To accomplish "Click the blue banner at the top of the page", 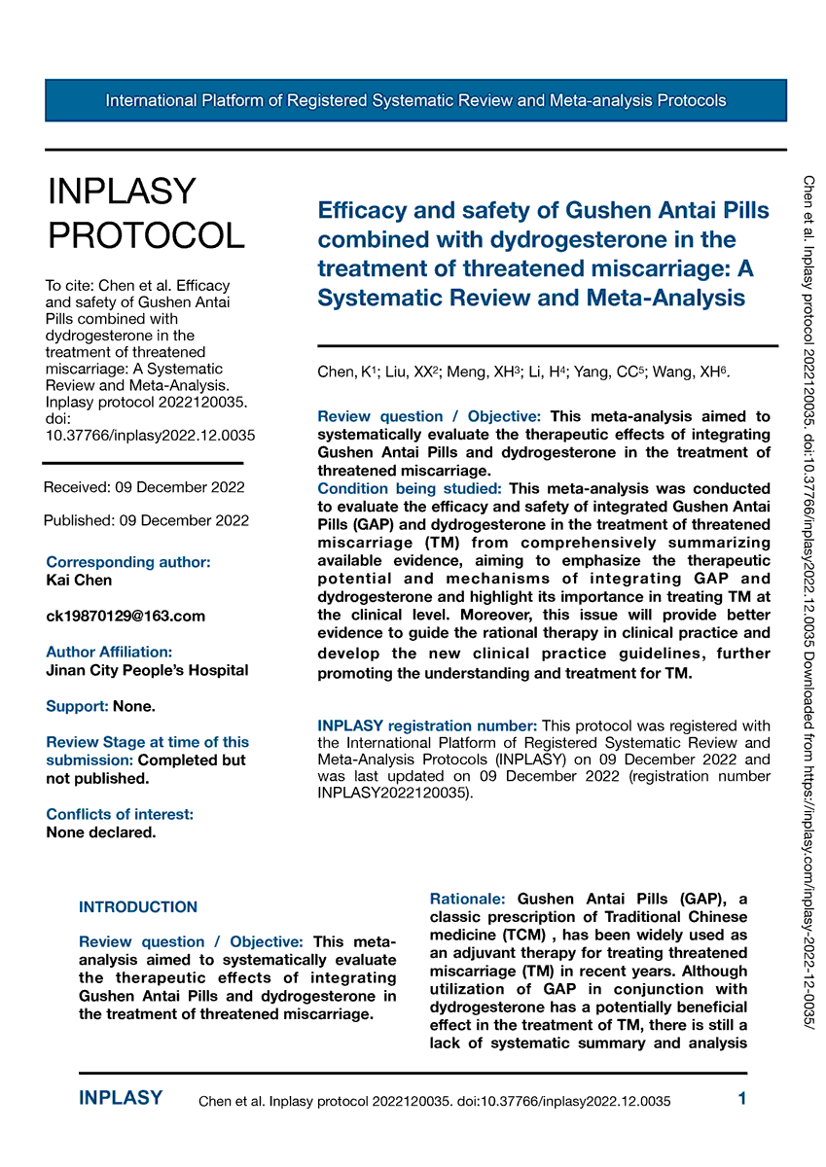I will point(415,101).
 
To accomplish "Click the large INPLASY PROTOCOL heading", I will point(146,214).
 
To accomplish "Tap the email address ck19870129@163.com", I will point(126,617).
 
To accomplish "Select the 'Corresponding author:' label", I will point(127,562).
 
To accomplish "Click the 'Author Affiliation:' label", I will point(109,652).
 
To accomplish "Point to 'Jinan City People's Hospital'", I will point(147,670).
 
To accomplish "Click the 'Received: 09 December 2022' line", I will point(145,487).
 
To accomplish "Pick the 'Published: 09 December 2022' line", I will point(146,520).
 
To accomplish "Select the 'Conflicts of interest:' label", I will point(120,814).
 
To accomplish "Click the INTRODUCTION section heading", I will point(138,907).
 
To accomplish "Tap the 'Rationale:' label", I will point(468,900).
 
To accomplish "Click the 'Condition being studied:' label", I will point(410,488).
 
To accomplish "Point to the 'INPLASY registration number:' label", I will point(427,725).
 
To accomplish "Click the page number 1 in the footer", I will point(742,1099).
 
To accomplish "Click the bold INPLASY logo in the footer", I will point(121,1099).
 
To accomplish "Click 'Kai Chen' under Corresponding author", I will point(79,581).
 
